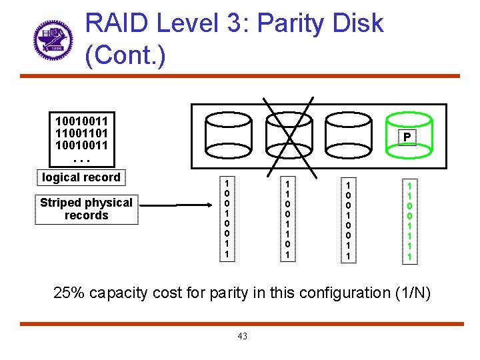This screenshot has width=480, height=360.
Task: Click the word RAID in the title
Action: tap(118, 24)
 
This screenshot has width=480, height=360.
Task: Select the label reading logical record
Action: tap(81, 177)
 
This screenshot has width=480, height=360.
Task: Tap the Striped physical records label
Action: tap(86, 209)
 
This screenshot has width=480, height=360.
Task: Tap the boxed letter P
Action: tap(407, 137)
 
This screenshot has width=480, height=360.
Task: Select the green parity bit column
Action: tap(409, 220)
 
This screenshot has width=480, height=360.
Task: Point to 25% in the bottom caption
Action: tap(69, 293)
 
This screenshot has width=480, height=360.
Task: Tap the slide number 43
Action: tap(242, 336)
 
